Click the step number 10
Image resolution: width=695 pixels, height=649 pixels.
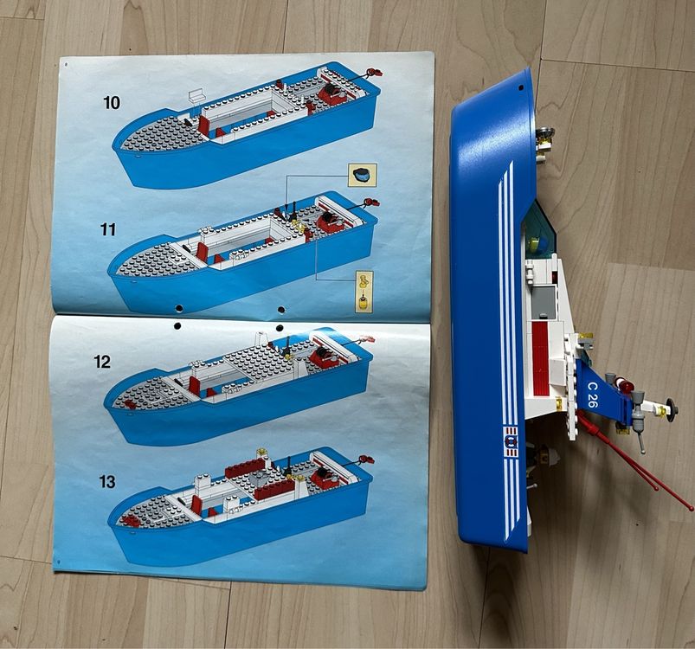coord(112,103)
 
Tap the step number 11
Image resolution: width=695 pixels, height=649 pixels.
coord(108,229)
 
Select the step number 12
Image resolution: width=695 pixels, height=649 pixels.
coord(103,362)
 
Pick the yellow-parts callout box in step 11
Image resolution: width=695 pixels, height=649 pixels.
coord(364,292)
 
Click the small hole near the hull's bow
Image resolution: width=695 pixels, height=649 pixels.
coord(523,87)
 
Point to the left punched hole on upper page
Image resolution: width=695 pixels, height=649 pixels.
coord(178,307)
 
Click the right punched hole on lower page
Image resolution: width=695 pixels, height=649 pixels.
coord(280,326)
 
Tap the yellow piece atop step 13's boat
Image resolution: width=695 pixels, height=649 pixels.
coord(261,450)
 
